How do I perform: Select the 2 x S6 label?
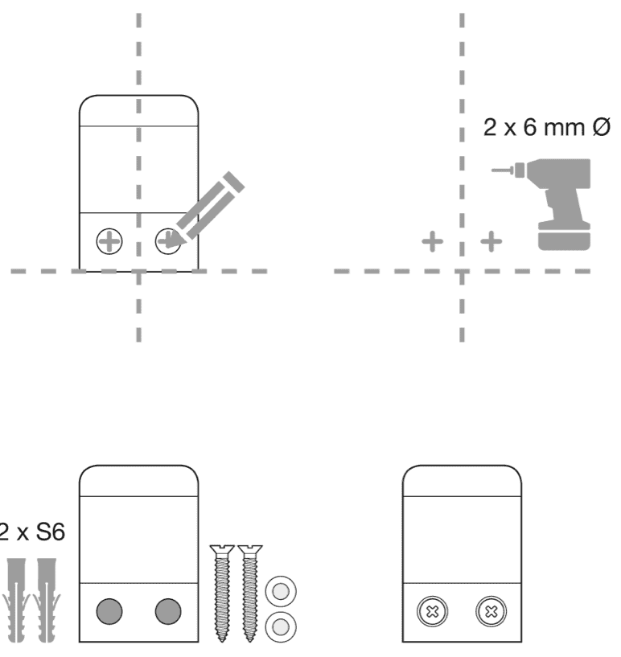[31, 532]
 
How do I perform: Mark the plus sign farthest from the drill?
[433, 240]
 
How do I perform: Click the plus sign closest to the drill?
[491, 240]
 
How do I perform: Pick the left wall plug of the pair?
[19, 599]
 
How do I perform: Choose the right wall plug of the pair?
[47, 599]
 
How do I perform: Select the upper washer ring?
[281, 593]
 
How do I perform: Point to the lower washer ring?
[281, 626]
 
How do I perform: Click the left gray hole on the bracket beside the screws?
[109, 611]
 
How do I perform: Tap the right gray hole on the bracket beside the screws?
[167, 611]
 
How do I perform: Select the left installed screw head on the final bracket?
[433, 612]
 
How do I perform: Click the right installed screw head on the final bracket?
[491, 612]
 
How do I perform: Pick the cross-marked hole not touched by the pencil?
[109, 240]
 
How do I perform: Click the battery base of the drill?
[564, 238]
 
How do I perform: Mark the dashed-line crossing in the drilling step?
[463, 271]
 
